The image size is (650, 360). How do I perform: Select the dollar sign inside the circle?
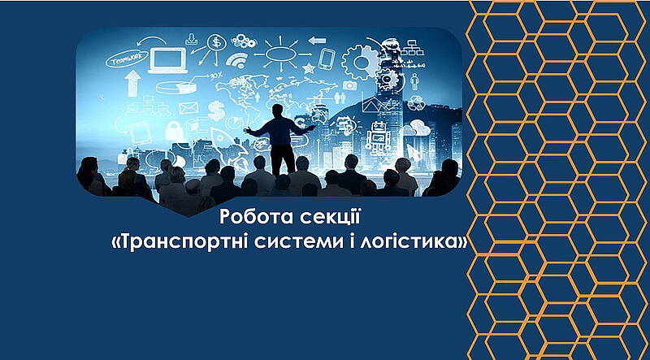[x=216, y=42]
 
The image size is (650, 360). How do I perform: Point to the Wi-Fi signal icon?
[x=236, y=61]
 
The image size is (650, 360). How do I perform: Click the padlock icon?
[x=174, y=130]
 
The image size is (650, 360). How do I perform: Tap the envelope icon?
[x=188, y=108]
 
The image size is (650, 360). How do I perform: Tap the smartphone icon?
[x=327, y=59]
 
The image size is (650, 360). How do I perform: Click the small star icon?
[x=308, y=67]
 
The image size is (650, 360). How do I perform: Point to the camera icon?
[x=349, y=85]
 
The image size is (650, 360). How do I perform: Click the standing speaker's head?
[x=278, y=111]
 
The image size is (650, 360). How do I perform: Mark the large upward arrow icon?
[x=133, y=83]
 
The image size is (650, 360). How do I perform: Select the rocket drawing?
[x=224, y=143]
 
